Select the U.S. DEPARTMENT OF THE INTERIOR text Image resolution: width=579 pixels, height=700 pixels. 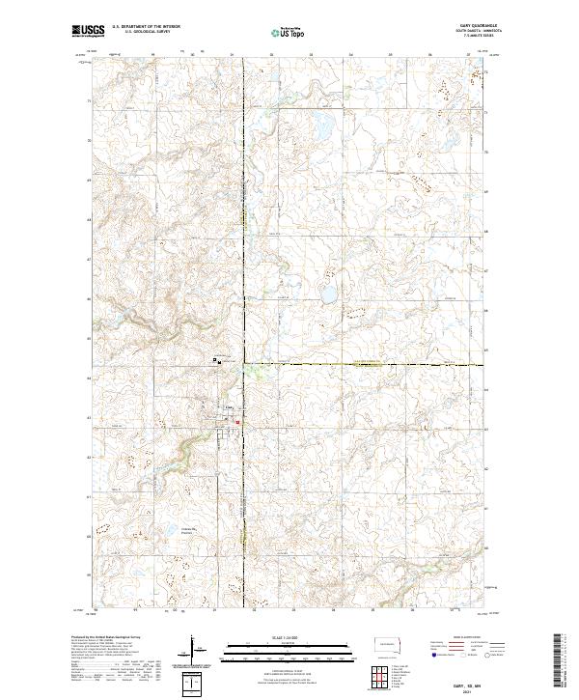click(x=146, y=26)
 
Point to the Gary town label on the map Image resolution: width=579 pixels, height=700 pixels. click(x=229, y=407)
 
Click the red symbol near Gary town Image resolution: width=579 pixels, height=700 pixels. click(x=235, y=421)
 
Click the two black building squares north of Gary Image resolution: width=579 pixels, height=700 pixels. click(x=217, y=362)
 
